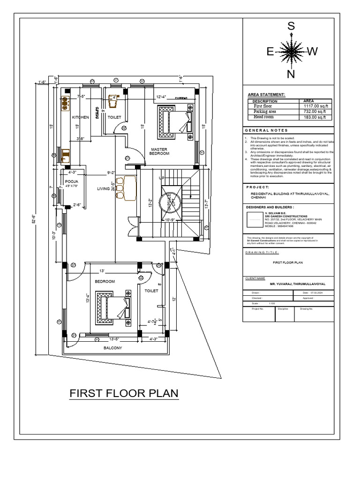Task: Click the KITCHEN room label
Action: coord(81,117)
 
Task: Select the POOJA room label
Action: coord(71,181)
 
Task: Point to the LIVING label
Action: coord(103,189)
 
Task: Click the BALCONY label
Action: coord(112,348)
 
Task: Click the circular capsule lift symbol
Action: coord(169,201)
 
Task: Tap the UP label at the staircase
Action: coord(162,179)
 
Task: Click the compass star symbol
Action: coord(291,52)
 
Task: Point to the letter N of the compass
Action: coord(291,74)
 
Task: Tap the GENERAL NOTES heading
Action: coord(266,130)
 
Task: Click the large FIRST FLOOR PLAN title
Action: coord(124,393)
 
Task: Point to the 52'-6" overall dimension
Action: coord(35,218)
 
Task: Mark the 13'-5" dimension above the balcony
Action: coord(114,338)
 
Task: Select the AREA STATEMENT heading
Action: coord(266,95)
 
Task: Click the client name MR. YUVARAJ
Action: coord(297,284)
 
